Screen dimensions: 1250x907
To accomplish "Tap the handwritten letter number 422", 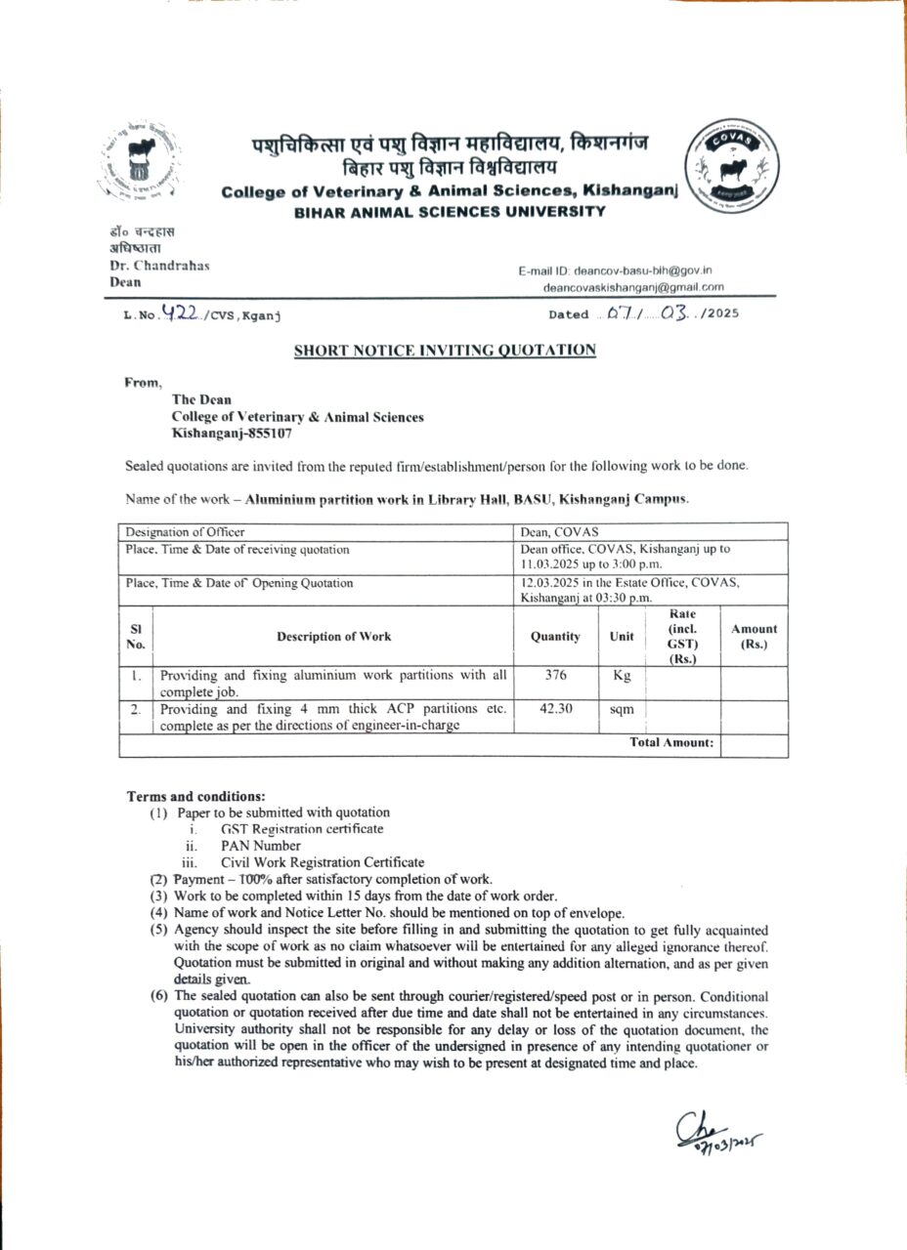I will pyautogui.click(x=182, y=313).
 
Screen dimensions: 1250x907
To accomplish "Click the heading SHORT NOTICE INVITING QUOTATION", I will pyautogui.click(x=445, y=350).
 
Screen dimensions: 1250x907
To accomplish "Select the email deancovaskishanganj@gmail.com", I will pyautogui.click(x=634, y=287).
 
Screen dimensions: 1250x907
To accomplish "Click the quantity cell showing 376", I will pyautogui.click(x=555, y=675).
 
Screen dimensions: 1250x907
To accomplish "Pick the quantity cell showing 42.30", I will pyautogui.click(x=555, y=709).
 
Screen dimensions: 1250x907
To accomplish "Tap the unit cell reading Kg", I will pyautogui.click(x=622, y=675).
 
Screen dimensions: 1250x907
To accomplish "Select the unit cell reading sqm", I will pyautogui.click(x=622, y=710).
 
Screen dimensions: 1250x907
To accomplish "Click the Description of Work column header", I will pyautogui.click(x=333, y=637).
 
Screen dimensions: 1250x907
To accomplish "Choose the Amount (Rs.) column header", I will pyautogui.click(x=754, y=637).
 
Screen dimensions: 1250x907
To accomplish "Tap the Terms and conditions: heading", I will pyautogui.click(x=195, y=796).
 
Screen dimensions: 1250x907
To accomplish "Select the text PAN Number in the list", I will pyautogui.click(x=261, y=846).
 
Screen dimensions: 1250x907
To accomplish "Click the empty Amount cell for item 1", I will pyautogui.click(x=754, y=683).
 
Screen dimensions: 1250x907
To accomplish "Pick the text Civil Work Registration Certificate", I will pyautogui.click(x=323, y=862).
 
